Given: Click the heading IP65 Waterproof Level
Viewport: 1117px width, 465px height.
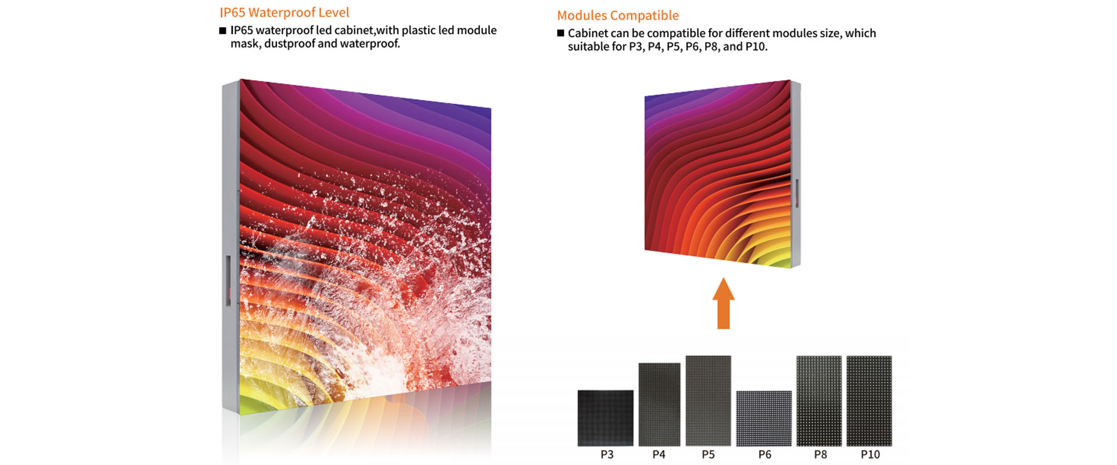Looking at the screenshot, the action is click(x=284, y=13).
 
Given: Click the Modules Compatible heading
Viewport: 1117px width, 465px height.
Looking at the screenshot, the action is click(x=618, y=16).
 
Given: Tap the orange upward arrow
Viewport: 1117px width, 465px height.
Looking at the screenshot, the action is click(x=723, y=303).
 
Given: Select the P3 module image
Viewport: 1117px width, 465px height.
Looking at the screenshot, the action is click(x=605, y=418).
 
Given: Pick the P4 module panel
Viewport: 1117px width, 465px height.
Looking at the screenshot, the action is click(x=659, y=405).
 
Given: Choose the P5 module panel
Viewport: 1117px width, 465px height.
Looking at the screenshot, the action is click(x=708, y=400).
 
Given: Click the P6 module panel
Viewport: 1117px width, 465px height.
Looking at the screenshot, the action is click(x=764, y=419).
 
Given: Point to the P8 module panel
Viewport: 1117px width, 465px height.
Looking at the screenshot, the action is click(x=819, y=401).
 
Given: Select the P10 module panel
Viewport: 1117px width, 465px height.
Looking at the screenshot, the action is click(x=869, y=401).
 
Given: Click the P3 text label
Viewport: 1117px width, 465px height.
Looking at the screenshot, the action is click(x=607, y=455).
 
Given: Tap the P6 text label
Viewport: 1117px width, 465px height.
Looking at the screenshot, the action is click(x=764, y=455).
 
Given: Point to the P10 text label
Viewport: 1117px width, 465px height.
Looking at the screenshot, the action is click(x=870, y=455).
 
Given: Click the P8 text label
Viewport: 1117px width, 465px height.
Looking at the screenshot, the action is click(x=820, y=455).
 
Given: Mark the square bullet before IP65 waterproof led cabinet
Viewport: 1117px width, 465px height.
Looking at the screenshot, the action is click(x=223, y=31).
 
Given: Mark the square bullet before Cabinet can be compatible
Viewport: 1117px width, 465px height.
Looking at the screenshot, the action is click(x=561, y=33).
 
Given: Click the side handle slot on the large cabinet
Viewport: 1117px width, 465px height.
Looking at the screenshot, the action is click(x=228, y=281).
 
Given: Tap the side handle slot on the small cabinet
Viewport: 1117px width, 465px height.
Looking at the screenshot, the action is click(x=796, y=193).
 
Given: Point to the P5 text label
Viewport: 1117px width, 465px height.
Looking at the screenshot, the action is click(x=708, y=455).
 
